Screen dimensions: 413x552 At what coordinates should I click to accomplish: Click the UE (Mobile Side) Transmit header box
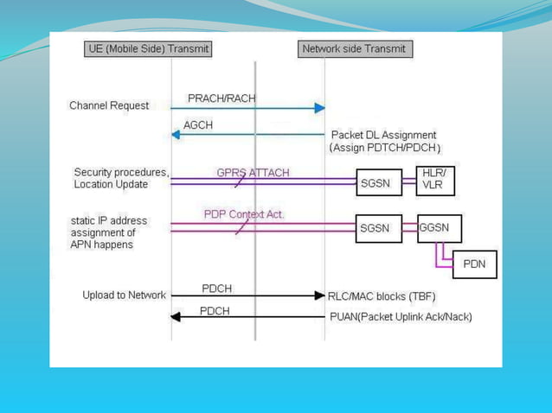point(149,49)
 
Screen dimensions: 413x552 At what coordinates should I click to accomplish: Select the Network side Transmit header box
point(354,49)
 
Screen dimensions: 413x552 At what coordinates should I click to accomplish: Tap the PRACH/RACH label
point(221,98)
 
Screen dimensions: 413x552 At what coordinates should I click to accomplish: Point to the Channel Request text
point(109,105)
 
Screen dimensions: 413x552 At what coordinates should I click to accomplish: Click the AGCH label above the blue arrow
point(198,125)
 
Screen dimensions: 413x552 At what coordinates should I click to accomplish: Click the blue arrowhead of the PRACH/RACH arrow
point(319,108)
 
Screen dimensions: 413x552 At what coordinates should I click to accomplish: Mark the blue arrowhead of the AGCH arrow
point(176,134)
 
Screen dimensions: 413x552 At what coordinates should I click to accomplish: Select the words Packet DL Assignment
point(384,135)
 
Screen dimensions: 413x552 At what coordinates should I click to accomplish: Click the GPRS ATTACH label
point(253,172)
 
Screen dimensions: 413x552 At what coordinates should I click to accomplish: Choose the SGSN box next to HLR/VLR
point(379,182)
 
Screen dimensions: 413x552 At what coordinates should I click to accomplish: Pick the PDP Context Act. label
point(244,213)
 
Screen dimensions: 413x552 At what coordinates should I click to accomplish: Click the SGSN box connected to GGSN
point(379,229)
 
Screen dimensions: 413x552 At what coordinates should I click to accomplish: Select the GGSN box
point(439,228)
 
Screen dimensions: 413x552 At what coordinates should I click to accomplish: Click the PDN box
point(474,264)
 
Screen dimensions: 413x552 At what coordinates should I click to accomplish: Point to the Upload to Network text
point(124,295)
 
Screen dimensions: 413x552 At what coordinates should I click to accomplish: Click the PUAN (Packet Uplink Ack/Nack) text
point(401,317)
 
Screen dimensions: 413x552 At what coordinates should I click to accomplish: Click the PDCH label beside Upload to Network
point(216,288)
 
